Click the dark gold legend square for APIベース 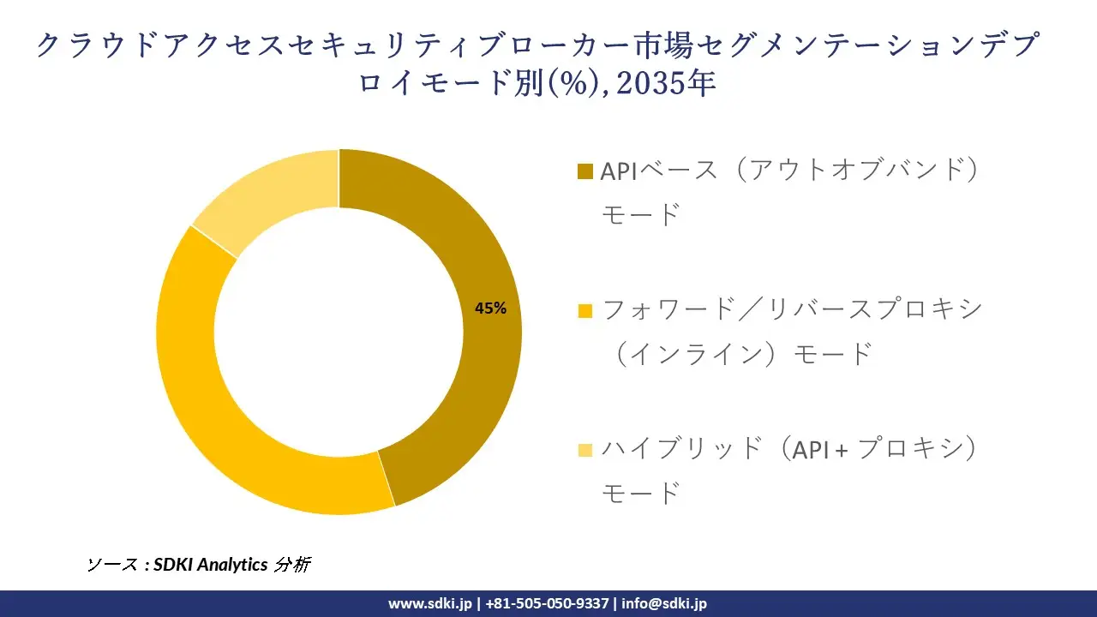click(585, 171)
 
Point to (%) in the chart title click(575, 84)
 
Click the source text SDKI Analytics click(209, 565)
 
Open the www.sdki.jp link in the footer click(429, 603)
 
